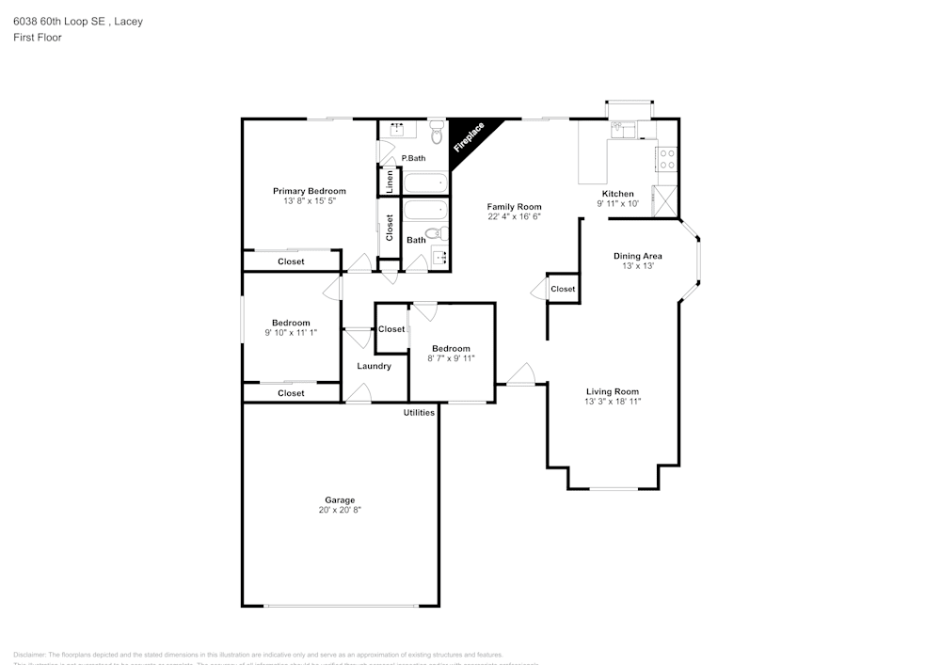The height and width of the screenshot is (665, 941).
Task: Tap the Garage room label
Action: (340, 499)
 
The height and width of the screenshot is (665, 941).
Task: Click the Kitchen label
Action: (618, 194)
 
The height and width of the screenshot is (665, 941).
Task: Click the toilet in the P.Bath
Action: (437, 130)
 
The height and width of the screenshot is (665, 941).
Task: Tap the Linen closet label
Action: (390, 182)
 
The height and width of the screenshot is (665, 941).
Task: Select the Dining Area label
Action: (638, 256)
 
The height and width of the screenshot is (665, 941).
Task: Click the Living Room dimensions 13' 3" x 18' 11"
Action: (613, 402)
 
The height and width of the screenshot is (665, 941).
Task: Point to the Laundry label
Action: (374, 366)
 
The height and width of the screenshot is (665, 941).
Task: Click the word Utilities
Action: (419, 413)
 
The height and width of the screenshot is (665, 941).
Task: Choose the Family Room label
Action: (514, 207)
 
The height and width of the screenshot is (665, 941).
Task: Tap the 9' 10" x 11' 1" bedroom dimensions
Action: (291, 333)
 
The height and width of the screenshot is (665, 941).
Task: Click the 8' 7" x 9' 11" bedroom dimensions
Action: (451, 358)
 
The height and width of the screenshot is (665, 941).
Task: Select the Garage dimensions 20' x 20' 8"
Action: (340, 510)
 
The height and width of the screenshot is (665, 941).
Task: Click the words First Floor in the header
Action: (38, 38)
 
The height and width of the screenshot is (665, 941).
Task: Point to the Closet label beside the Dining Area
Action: (563, 289)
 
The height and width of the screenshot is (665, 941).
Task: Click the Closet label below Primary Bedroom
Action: (291, 261)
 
